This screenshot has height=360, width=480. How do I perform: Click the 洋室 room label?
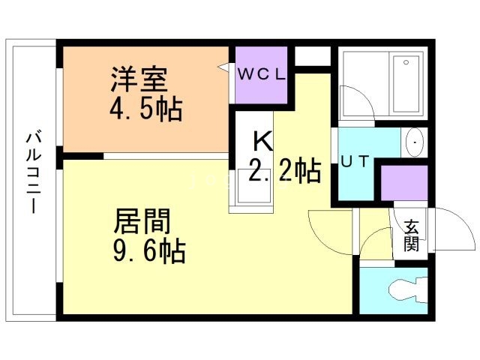[x=139, y=78]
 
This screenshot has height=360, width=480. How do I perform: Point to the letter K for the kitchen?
[x=261, y=140]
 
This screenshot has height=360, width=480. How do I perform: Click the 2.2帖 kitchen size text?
[x=284, y=172]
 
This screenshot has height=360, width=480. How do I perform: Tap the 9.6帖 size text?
[x=149, y=251]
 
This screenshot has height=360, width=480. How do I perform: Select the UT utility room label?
[x=356, y=161]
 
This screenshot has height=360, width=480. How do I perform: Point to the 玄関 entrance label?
[x=411, y=235]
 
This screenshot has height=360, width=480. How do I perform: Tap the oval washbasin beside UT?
[x=415, y=141]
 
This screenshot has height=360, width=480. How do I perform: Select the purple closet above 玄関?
[x=403, y=183]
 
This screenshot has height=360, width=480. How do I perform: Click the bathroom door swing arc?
[x=350, y=101]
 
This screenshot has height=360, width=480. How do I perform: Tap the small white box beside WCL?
[x=312, y=56]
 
